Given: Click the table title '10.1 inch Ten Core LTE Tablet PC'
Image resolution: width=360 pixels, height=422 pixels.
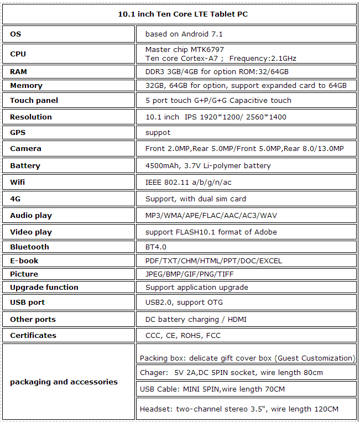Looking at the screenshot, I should (x=180, y=14).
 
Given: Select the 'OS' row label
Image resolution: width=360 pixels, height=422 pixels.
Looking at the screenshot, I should (x=15, y=34).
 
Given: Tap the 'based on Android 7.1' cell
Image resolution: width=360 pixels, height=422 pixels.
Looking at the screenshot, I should (x=184, y=34).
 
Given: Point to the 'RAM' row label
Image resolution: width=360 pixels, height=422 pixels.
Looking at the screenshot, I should (x=18, y=72).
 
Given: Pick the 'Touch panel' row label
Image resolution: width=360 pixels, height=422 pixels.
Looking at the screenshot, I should (x=34, y=101).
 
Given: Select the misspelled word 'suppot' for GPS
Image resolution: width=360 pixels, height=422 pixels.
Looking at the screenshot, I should (x=158, y=133).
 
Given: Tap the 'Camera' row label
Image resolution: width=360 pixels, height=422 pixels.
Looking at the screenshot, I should (x=25, y=149).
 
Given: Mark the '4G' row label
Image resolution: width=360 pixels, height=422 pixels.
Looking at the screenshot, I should (x=15, y=199).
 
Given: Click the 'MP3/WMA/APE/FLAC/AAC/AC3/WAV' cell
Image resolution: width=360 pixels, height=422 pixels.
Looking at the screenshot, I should (x=211, y=215).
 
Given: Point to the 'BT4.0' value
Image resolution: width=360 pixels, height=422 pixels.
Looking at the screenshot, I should (x=155, y=247).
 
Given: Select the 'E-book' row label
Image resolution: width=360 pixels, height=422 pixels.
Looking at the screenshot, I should (x=24, y=261).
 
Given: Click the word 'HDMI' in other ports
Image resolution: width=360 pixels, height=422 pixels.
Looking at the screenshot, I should (x=237, y=319).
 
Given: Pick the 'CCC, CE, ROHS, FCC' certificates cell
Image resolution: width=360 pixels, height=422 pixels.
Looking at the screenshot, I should (x=184, y=335).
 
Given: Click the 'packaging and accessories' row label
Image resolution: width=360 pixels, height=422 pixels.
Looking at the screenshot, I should (x=64, y=382).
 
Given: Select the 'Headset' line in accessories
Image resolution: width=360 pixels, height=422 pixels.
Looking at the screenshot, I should (x=239, y=409).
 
